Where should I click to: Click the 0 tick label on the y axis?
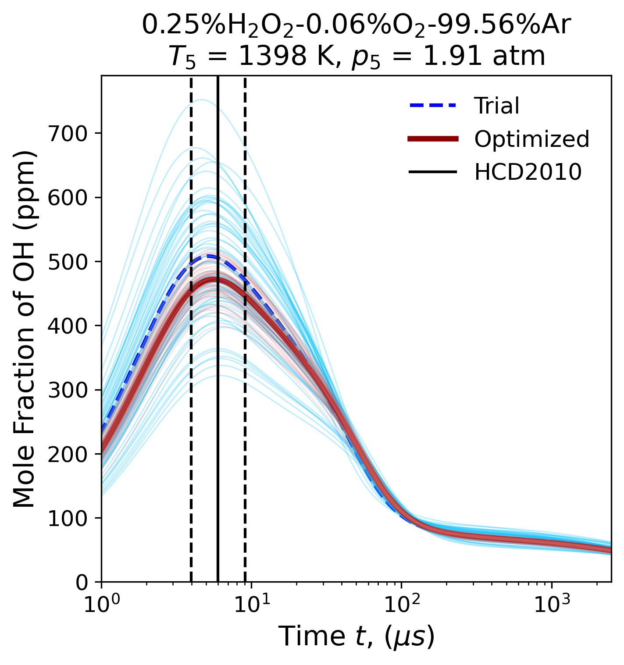[82, 583]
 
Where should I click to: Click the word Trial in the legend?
[497, 106]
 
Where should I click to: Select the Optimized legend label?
[531, 139]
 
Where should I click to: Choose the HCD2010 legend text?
[528, 172]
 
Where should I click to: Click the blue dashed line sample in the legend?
[433, 106]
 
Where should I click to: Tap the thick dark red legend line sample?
[433, 139]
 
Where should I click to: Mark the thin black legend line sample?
[433, 172]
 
